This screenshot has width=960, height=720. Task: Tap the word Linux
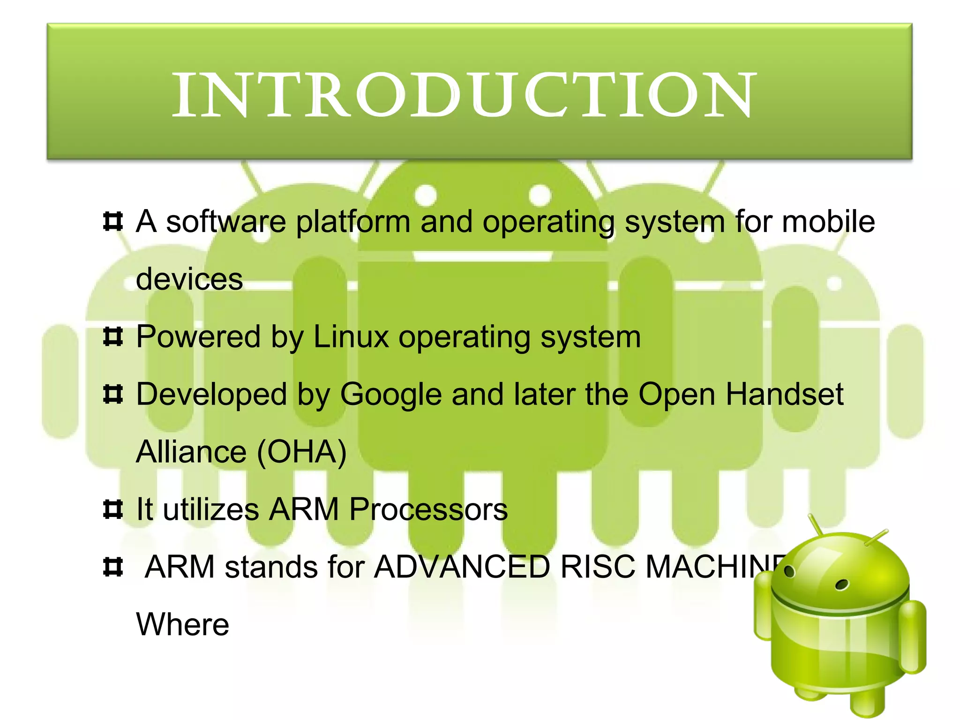351,337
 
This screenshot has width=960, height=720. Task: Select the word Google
390,394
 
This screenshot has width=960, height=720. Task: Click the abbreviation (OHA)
302,452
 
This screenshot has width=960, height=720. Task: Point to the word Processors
428,509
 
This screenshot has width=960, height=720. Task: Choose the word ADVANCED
462,567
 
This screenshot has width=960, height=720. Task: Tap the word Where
182,624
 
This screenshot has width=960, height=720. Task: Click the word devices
189,279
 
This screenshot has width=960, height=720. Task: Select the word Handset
785,394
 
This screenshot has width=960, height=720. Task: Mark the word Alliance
191,452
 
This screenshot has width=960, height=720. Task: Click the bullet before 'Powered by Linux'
113,337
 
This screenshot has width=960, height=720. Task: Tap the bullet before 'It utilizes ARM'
113,510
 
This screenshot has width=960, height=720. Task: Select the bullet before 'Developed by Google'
113,395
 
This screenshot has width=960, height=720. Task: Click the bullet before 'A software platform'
113,222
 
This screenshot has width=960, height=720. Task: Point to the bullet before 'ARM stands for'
113,567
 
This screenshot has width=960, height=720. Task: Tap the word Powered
198,337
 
